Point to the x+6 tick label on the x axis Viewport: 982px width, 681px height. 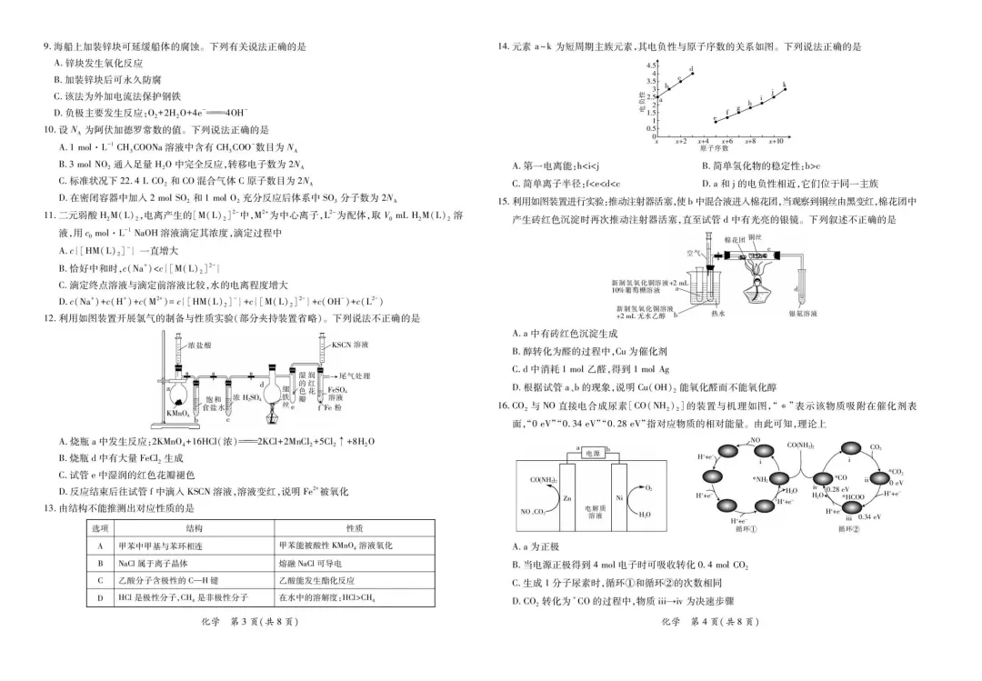pyautogui.click(x=726, y=142)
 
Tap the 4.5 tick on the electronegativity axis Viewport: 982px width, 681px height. pyautogui.click(x=650, y=65)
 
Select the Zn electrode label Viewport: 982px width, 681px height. pyautogui.click(x=567, y=499)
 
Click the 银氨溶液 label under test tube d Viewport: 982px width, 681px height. pyautogui.click(x=804, y=314)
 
